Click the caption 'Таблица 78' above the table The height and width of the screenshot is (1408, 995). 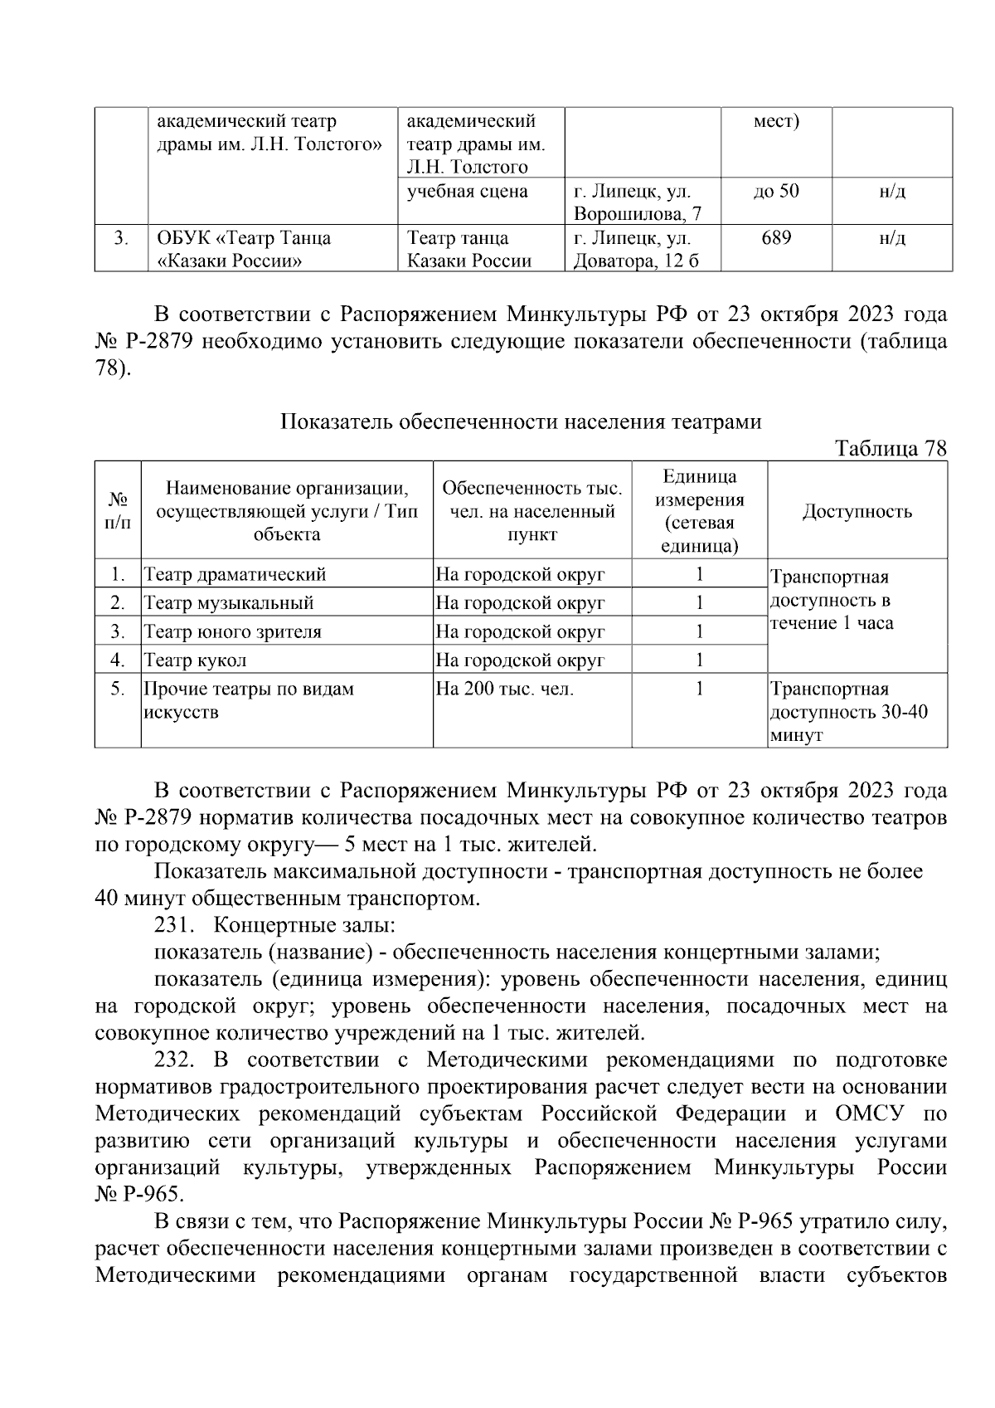click(891, 449)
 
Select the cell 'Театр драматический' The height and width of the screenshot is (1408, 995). click(235, 574)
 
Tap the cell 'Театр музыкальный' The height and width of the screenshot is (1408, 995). click(229, 602)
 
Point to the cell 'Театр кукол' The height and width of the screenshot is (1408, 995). click(196, 660)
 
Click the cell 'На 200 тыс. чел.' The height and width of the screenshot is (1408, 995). click(505, 689)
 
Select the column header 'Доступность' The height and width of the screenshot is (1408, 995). click(857, 511)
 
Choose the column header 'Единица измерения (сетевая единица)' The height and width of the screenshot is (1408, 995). click(699, 511)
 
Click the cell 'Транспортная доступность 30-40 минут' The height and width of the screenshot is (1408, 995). click(849, 712)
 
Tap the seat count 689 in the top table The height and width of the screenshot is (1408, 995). click(775, 239)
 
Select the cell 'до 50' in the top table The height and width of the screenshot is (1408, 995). click(775, 192)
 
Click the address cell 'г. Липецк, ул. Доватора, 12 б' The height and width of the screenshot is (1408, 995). click(636, 250)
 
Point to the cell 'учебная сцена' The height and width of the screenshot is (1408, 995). click(468, 192)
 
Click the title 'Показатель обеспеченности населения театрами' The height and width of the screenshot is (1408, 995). click(521, 422)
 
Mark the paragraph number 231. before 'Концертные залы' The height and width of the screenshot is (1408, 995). click(172, 926)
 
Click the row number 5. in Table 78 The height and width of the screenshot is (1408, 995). click(118, 689)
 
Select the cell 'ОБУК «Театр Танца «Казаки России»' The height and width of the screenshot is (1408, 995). click(244, 250)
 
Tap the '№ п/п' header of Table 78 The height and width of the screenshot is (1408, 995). click(118, 511)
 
